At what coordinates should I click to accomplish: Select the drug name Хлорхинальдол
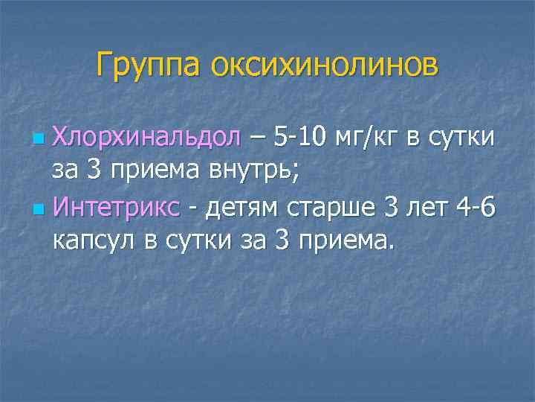(146, 138)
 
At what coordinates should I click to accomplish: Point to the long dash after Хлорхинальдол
(257, 138)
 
